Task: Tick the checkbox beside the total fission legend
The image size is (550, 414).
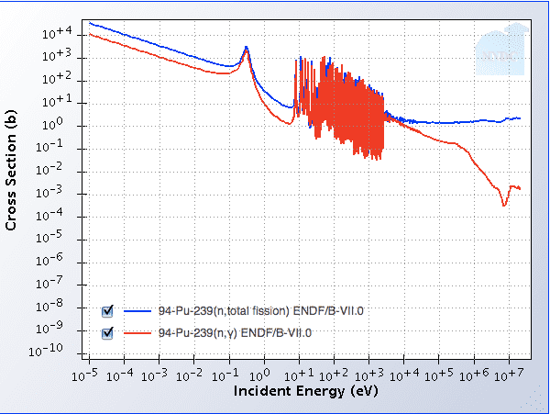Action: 106,310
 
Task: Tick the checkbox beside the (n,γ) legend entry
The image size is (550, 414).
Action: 106,332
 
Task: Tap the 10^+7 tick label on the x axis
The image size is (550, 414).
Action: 510,375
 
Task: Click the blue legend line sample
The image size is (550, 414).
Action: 138,310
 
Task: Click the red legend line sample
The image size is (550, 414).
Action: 138,332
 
